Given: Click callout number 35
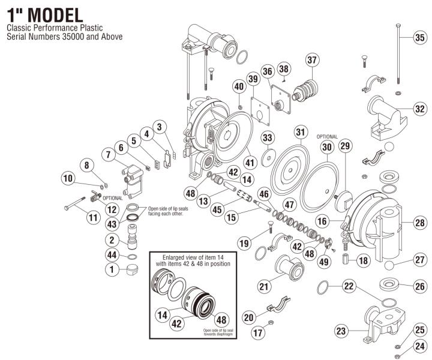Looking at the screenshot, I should point(420,37).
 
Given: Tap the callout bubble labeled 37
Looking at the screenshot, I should point(311,60).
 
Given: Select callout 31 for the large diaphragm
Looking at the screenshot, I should point(300,131).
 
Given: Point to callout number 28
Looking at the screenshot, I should point(420,223).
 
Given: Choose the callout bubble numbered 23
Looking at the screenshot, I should point(341,331).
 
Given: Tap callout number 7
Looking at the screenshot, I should point(109,155).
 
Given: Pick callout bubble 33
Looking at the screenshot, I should point(267,138).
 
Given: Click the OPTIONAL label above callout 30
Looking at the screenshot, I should point(326,137).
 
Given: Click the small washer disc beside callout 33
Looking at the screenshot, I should point(266,157).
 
